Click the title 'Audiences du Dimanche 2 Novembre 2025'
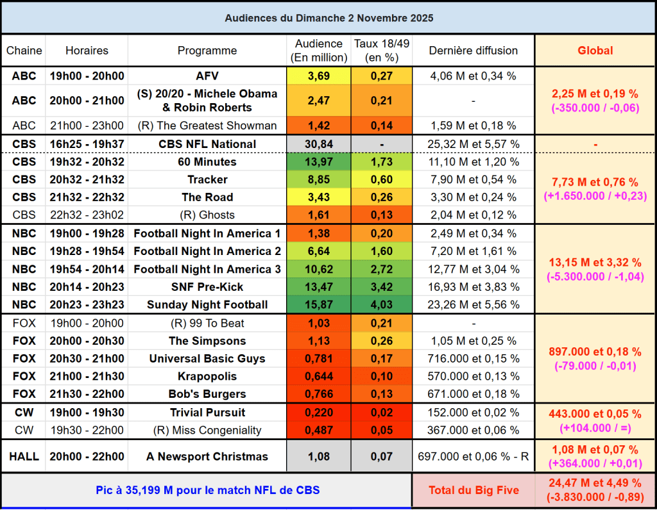coord(328,18)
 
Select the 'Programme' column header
coord(207,51)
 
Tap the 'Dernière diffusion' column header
coord(473,51)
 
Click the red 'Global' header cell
coord(595,51)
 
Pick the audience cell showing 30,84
coord(319,144)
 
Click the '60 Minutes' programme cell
coord(207,162)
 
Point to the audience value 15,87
coord(319,304)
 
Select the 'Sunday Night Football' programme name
coord(207,304)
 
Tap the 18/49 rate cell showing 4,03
coord(381,304)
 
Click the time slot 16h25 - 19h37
coord(87,144)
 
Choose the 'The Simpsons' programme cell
coord(207,341)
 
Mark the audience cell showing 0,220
coord(319,413)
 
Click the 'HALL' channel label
coord(24,457)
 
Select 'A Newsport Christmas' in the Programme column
coord(207,457)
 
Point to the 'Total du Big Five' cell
coord(473,491)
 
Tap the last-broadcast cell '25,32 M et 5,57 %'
coord(473,144)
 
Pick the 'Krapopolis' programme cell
coord(207,376)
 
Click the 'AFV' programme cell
coord(207,76)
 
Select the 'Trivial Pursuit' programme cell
coord(207,413)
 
